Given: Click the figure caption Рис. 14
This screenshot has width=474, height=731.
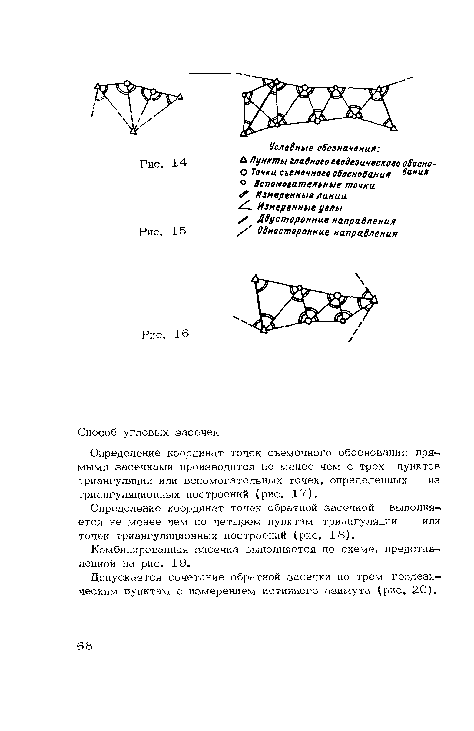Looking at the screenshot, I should (163, 163).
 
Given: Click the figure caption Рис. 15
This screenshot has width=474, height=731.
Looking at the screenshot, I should (163, 231).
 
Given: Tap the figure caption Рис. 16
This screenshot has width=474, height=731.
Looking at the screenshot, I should (165, 334).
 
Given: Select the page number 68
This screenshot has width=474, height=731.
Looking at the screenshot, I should (85, 646).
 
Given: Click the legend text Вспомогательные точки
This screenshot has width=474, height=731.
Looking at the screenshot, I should (316, 185).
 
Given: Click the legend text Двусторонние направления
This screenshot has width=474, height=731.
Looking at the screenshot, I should (327, 220).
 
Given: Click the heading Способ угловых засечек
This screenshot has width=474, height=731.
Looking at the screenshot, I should (148, 433).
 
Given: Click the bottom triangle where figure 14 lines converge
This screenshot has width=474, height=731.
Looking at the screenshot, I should (133, 131).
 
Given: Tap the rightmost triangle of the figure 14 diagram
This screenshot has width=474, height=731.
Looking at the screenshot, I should (180, 97).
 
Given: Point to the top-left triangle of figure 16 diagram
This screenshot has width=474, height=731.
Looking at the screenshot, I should (254, 279).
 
